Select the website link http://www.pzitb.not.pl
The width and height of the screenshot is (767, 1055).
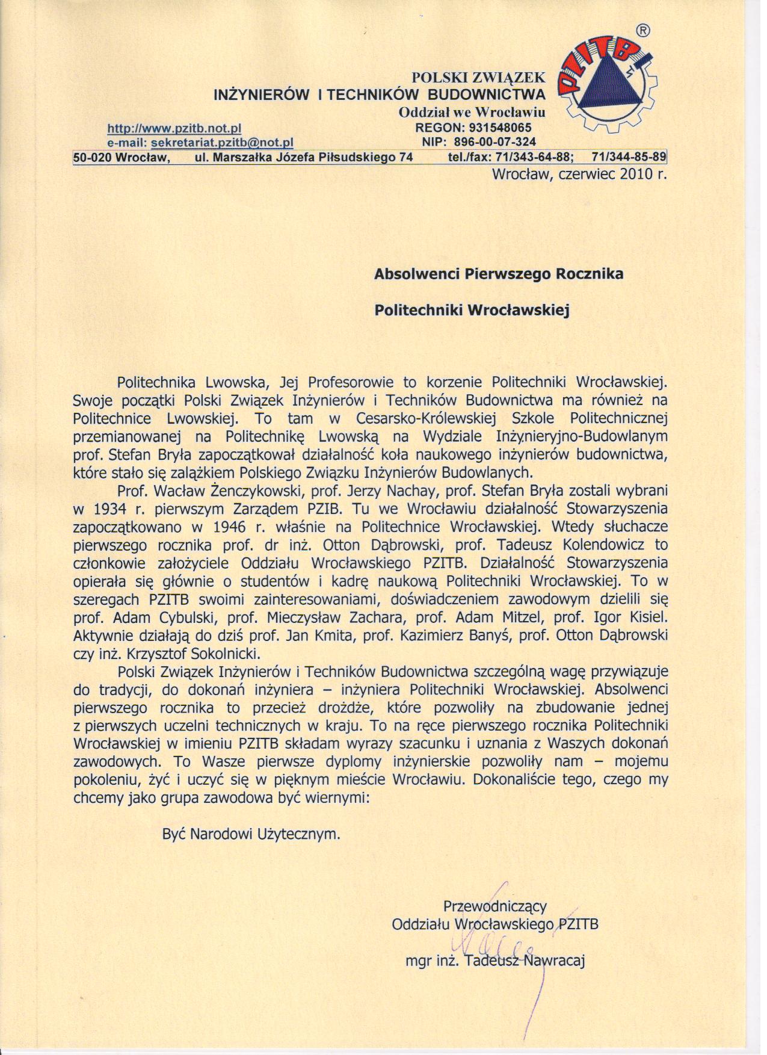174,128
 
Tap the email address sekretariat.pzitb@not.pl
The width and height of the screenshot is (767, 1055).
223,143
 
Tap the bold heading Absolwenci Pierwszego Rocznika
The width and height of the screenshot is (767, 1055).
499,274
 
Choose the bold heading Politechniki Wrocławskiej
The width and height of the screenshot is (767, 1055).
472,311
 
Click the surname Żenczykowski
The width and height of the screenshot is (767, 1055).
235,490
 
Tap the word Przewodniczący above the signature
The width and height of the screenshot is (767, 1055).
494,906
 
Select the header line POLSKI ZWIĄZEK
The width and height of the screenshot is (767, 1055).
478,77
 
